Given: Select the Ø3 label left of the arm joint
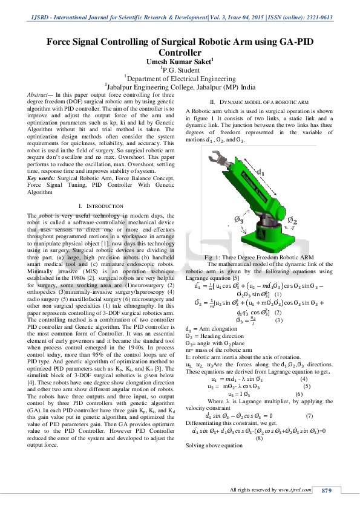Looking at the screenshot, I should click(x=238, y=221).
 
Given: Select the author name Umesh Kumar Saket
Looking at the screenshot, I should click(x=180, y=62).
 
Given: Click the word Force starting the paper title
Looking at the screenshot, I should click(x=60, y=42).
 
